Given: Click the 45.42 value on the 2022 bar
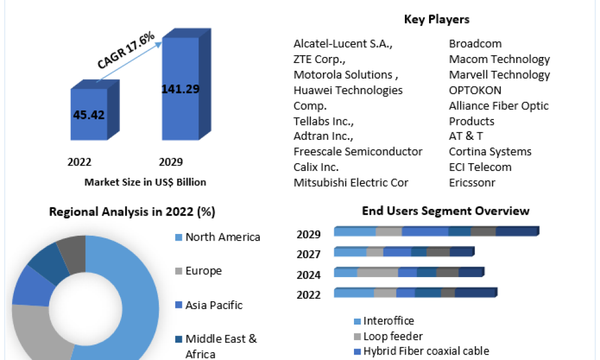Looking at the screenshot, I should [89, 115].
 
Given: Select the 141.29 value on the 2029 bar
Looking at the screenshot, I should [181, 89].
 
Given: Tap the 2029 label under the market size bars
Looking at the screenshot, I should [171, 162].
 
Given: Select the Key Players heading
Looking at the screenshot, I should [437, 19].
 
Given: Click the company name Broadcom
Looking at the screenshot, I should [475, 44].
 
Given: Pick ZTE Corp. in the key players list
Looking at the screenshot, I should [319, 59].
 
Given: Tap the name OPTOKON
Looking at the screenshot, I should [475, 91].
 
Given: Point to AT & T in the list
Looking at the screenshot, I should [466, 136].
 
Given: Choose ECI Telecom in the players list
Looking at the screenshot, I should [480, 167].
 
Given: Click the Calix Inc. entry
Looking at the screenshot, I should [316, 167].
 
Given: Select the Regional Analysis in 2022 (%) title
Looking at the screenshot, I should [132, 212].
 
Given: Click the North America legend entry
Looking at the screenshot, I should [222, 237].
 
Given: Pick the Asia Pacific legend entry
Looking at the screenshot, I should [214, 305].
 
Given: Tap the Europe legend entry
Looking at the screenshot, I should [203, 271].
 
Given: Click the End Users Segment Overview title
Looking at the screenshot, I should [446, 211].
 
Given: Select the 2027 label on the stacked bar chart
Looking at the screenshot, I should [308, 254].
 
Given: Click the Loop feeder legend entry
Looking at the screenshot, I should [392, 337].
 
